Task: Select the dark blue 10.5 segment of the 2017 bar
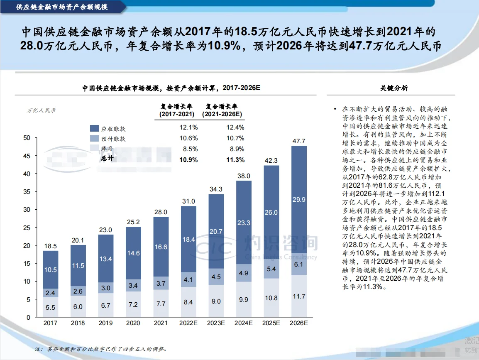tap(50, 269)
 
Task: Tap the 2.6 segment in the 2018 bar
tap(78, 291)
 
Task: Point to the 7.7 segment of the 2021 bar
tap(161, 304)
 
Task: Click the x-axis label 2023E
tap(216, 323)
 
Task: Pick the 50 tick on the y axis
tap(27, 138)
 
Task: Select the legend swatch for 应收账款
tap(94, 129)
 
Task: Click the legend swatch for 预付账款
tap(94, 139)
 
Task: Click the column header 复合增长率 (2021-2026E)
tap(222, 110)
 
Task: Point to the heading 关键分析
tap(394, 88)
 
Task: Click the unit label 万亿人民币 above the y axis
tap(41, 110)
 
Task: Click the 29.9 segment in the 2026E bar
tap(299, 199)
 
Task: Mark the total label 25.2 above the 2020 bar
tap(133, 221)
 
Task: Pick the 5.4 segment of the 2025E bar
tap(271, 269)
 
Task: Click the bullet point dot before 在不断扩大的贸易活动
tap(335, 109)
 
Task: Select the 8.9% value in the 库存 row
tap(235, 149)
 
